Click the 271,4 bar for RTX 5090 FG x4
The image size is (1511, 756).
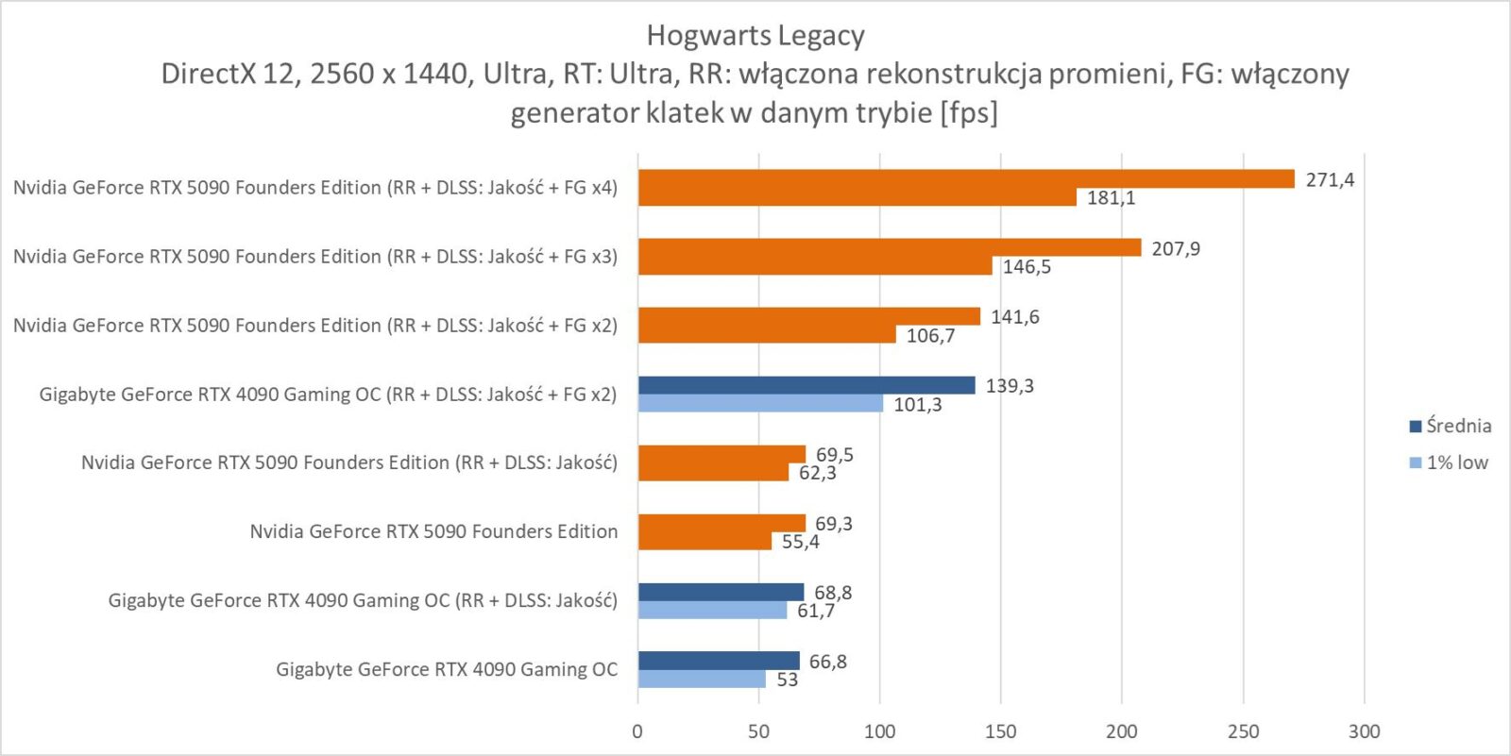click(965, 179)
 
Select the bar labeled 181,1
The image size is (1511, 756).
click(857, 197)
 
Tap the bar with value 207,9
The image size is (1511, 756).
click(889, 248)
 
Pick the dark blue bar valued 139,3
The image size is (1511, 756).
click(806, 385)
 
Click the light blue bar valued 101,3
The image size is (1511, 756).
click(760, 404)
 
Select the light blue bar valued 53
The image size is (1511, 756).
click(702, 680)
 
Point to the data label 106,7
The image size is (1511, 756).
click(930, 336)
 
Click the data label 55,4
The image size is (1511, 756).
click(800, 542)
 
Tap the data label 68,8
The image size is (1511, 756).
click(833, 593)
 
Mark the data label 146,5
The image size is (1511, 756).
click(1027, 267)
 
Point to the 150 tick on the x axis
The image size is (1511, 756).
click(1000, 731)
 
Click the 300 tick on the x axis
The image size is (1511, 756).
click(1364, 731)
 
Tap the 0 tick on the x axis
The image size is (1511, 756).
click(637, 731)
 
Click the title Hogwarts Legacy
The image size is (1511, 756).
click(755, 36)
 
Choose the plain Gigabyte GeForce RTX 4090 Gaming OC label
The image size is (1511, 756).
click(447, 669)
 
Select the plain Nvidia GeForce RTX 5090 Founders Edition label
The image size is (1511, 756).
click(433, 531)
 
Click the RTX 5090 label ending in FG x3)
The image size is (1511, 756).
click(315, 257)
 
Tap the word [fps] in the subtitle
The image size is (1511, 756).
click(968, 113)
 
